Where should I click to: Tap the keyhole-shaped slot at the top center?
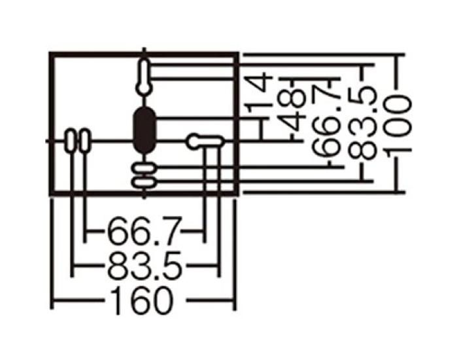point(144,76)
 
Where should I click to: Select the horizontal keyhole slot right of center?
point(203,140)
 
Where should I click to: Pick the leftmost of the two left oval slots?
point(71,140)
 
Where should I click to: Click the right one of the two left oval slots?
point(84,140)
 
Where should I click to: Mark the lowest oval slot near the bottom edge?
point(144,181)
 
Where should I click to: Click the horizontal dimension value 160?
point(143,301)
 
